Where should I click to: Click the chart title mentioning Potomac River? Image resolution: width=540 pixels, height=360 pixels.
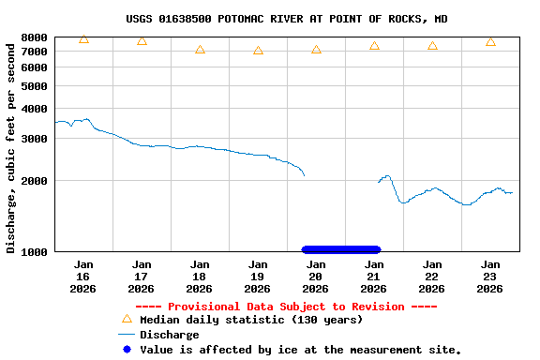286,19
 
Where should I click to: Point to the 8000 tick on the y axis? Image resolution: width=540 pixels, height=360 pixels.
35,37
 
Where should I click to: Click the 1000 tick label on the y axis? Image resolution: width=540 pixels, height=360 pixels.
35,251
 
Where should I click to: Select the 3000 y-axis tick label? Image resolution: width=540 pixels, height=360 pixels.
35,139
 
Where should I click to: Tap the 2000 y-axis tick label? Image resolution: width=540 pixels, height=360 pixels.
35,181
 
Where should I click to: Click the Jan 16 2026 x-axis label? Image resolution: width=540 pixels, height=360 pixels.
83,277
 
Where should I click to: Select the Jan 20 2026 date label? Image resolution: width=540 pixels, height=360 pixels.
316,277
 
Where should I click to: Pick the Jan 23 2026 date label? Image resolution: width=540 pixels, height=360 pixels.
490,277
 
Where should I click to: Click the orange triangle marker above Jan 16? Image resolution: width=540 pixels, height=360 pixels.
83,39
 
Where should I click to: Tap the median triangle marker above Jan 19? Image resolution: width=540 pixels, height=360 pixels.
258,51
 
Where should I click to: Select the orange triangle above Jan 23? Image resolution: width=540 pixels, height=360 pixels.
490,42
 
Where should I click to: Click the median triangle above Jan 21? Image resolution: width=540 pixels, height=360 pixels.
374,46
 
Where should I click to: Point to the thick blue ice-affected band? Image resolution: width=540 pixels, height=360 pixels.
341,249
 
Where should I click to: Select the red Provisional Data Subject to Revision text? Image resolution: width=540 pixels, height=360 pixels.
286,307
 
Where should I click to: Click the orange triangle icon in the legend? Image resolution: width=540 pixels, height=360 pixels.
127,319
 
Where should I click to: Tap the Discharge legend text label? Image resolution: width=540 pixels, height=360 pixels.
169,335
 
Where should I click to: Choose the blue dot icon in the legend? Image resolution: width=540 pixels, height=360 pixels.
127,349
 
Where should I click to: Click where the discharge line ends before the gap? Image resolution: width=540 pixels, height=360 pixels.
304,175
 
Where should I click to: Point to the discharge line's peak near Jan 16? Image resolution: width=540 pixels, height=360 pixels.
87,119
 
